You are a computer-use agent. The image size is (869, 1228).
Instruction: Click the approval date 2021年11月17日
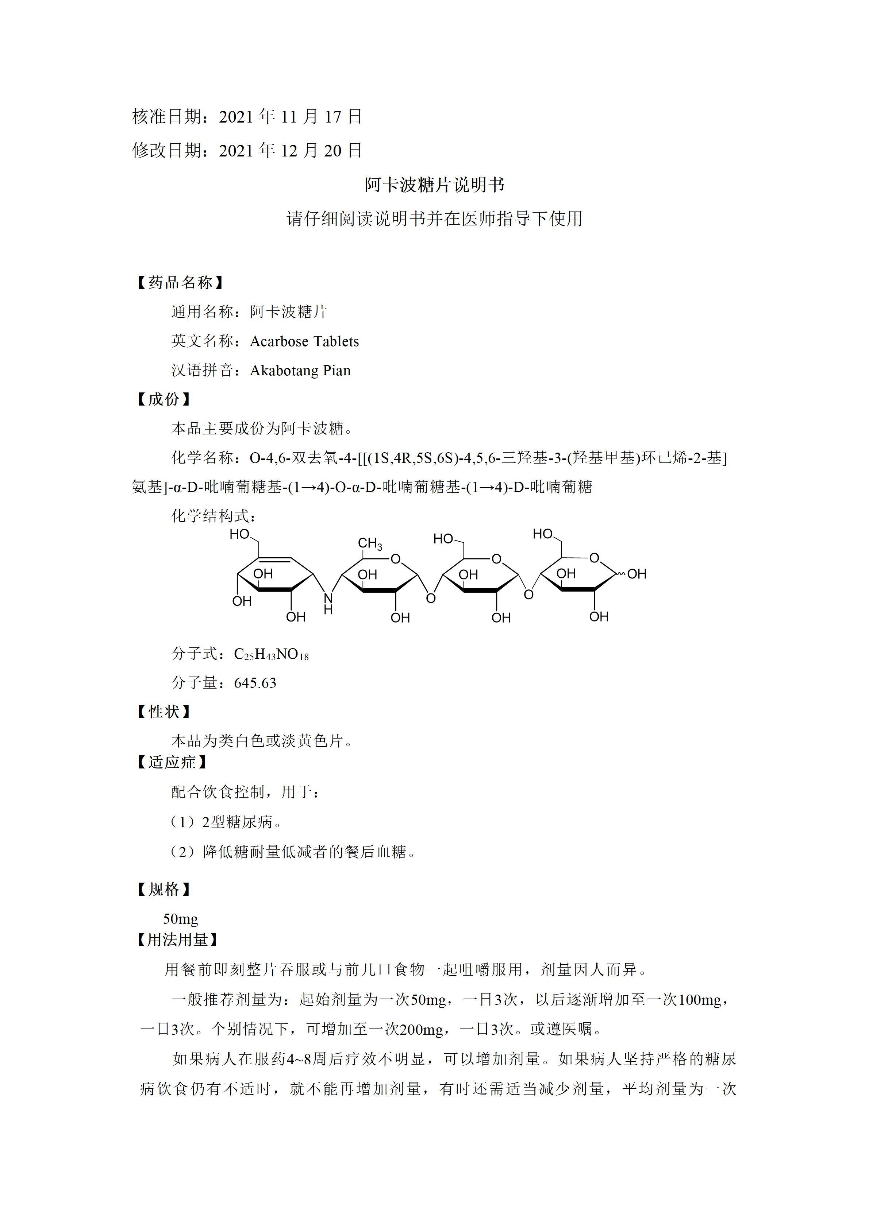(x=291, y=117)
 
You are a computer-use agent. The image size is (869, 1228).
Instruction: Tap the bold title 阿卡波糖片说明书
(x=434, y=185)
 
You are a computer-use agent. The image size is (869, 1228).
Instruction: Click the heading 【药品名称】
(x=180, y=282)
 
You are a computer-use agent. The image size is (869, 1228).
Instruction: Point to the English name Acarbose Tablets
(x=304, y=341)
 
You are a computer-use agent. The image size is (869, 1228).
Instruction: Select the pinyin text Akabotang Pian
(x=300, y=371)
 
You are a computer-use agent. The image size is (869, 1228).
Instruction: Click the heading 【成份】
(x=164, y=399)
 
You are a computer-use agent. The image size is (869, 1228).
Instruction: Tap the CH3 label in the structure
(x=370, y=544)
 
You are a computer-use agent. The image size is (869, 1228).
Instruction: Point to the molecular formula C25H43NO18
(x=271, y=654)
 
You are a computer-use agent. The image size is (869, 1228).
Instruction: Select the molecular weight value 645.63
(x=255, y=683)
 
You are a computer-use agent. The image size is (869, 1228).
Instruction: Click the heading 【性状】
(x=164, y=712)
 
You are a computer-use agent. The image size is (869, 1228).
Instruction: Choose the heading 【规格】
(x=164, y=890)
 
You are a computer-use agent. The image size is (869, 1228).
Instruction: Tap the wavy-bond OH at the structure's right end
(x=637, y=574)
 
